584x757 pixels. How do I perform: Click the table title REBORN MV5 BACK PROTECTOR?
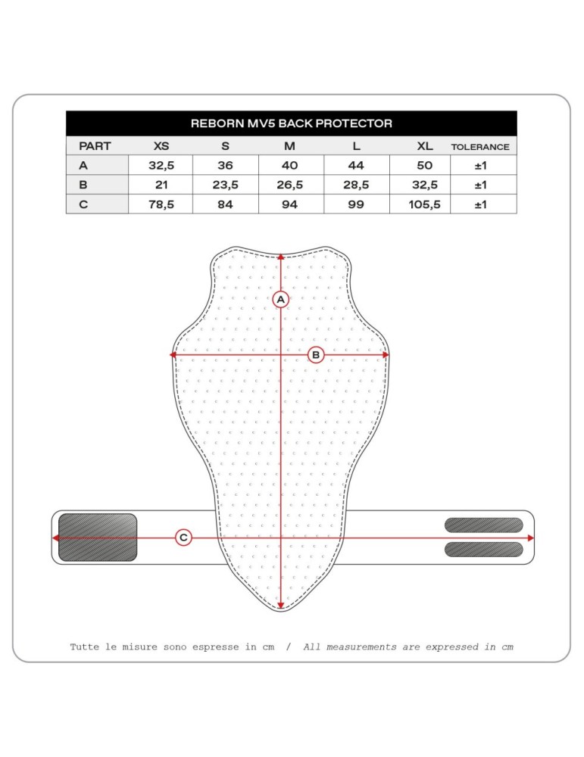291,123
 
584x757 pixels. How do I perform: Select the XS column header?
161,146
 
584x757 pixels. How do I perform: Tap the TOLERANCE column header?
480,147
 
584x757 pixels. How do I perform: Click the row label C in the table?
83,204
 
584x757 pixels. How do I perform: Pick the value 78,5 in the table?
161,204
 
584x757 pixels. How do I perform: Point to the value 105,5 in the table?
424,204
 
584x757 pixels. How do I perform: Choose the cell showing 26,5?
289,185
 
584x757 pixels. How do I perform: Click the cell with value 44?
355,165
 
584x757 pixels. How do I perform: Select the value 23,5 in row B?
225,185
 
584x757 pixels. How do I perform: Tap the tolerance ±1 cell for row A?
480,165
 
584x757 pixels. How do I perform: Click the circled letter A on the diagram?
281,300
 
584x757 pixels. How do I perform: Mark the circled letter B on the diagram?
316,354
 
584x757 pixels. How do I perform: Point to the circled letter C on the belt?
183,537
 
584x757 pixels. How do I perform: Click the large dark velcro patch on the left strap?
98,537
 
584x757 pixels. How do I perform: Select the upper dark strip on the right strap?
483,525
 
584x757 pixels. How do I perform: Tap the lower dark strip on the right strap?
483,550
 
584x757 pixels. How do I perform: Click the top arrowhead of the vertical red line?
281,257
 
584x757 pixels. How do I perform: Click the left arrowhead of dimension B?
173,354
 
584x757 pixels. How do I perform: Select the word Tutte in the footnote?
85,647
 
